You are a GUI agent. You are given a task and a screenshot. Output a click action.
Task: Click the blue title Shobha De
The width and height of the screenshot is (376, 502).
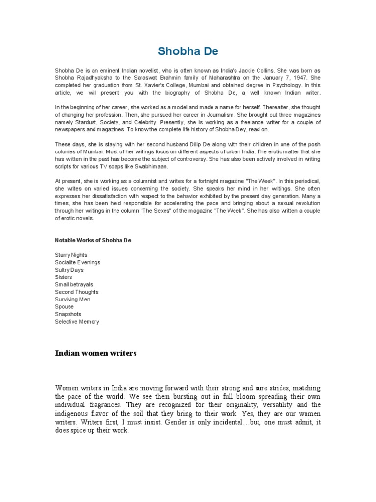188,51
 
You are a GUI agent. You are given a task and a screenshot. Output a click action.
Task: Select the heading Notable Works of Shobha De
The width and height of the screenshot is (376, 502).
93,240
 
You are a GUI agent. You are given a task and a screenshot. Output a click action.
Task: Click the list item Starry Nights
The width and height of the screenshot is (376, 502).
71,255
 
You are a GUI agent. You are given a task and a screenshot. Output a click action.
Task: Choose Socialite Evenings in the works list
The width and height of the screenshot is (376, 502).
77,262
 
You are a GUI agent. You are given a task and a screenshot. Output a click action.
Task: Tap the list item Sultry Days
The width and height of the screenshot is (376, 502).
69,270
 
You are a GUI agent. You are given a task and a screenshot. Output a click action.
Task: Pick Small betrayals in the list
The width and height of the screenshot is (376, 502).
74,284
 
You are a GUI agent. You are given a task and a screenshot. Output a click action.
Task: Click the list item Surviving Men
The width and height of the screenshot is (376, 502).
72,299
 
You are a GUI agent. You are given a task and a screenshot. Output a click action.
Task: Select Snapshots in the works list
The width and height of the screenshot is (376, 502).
68,314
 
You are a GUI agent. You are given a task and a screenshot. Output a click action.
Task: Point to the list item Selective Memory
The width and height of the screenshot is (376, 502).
77,322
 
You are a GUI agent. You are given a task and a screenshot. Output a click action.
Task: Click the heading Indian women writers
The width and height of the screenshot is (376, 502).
95,353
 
